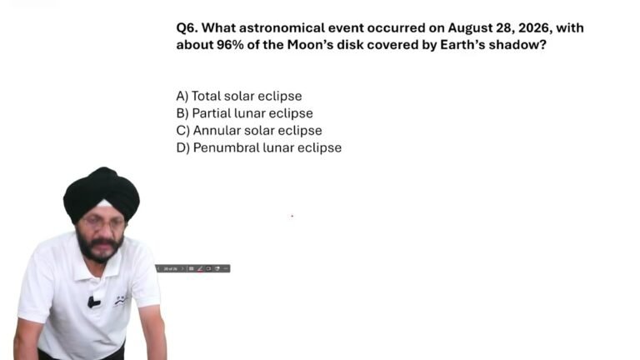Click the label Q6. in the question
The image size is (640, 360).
[187, 28]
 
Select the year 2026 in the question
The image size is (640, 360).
[533, 28]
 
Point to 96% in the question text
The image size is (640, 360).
[230, 44]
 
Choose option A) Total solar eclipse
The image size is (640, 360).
[239, 96]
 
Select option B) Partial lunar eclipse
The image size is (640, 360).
[244, 113]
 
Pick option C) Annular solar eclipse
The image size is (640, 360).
[249, 130]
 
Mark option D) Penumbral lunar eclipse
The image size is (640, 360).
[259, 147]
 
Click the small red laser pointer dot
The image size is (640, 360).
[292, 216]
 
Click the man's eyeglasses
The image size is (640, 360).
[102, 222]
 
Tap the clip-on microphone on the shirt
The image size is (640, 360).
[93, 302]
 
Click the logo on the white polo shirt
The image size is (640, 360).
[120, 300]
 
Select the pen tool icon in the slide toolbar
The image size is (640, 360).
[200, 268]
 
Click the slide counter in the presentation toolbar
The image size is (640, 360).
[170, 268]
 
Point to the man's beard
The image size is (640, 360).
[99, 247]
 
